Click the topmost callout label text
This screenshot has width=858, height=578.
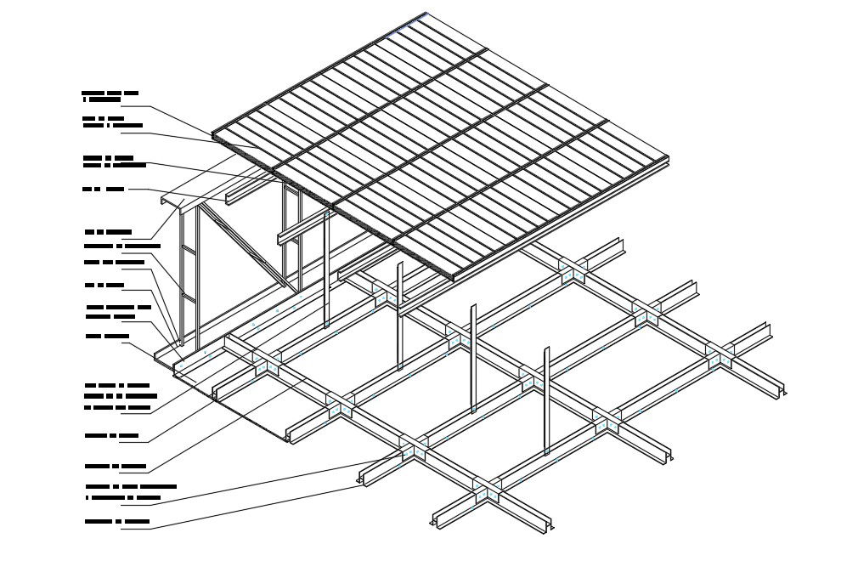tap(110, 95)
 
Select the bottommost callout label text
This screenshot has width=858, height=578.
tap(117, 522)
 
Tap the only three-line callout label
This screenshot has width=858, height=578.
tap(120, 396)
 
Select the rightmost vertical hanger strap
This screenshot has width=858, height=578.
tap(547, 399)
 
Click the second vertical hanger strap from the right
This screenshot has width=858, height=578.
tap(473, 357)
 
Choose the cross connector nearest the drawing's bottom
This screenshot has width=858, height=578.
tap(486, 491)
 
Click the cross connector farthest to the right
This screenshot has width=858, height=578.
tap(720, 354)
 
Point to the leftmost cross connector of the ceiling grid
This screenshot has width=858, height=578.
tap(266, 361)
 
